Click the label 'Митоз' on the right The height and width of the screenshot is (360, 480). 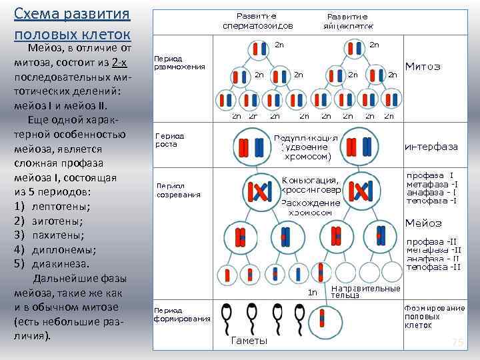pos(423,67)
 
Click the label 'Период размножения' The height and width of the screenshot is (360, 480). pos(179,62)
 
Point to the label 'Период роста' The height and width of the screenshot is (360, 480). pos(170,139)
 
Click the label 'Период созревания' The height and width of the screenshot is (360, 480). pos(178,190)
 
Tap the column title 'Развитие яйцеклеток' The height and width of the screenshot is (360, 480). pos(347,21)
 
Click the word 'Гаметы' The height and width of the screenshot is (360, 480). pos(249,341)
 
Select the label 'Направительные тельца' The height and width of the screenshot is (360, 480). pos(365,291)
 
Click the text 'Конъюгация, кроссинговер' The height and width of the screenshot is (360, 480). pos(311,185)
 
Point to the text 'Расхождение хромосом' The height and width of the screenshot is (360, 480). pos(310,207)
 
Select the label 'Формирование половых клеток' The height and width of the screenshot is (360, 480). pos(434,317)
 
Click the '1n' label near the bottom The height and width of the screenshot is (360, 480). pos(312,292)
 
